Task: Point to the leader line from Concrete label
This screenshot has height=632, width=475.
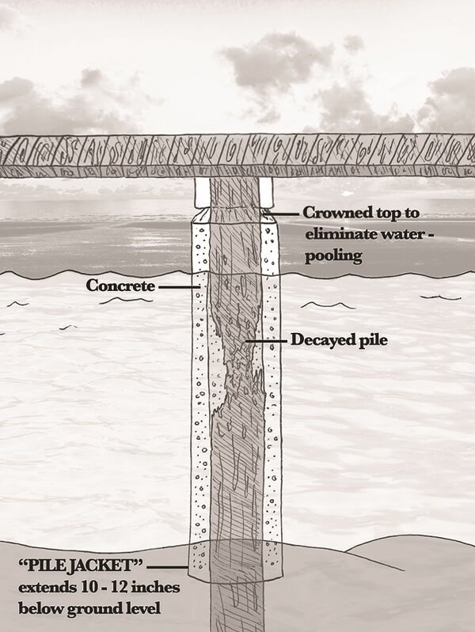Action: [x=176, y=286]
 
